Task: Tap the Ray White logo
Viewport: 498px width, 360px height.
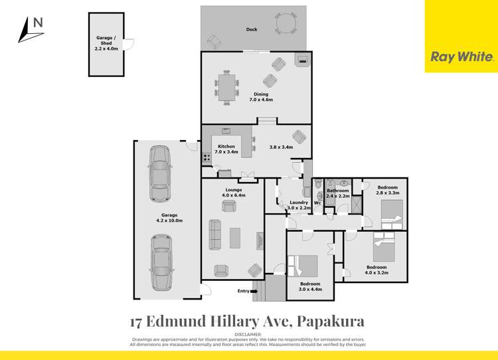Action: coord(461,57)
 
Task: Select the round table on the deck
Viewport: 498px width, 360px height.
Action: coord(286,25)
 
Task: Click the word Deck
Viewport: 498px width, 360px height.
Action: coord(252,30)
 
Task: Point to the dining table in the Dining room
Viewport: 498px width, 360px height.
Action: coord(227,88)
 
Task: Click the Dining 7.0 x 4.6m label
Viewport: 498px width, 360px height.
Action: coord(261,97)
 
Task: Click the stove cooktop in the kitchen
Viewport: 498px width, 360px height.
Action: coord(207,158)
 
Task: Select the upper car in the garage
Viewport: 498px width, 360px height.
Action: coord(159,169)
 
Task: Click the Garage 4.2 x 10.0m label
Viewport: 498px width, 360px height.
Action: coord(169,217)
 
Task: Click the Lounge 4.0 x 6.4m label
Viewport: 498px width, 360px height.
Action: coord(233,193)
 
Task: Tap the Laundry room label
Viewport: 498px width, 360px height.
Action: coord(298,205)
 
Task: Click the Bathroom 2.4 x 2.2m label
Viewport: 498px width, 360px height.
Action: coord(337,193)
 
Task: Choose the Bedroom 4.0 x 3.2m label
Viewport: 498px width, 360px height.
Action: coord(376,270)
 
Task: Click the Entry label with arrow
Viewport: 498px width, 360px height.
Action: coord(246,291)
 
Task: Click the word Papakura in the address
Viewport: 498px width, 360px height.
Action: coord(329,321)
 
